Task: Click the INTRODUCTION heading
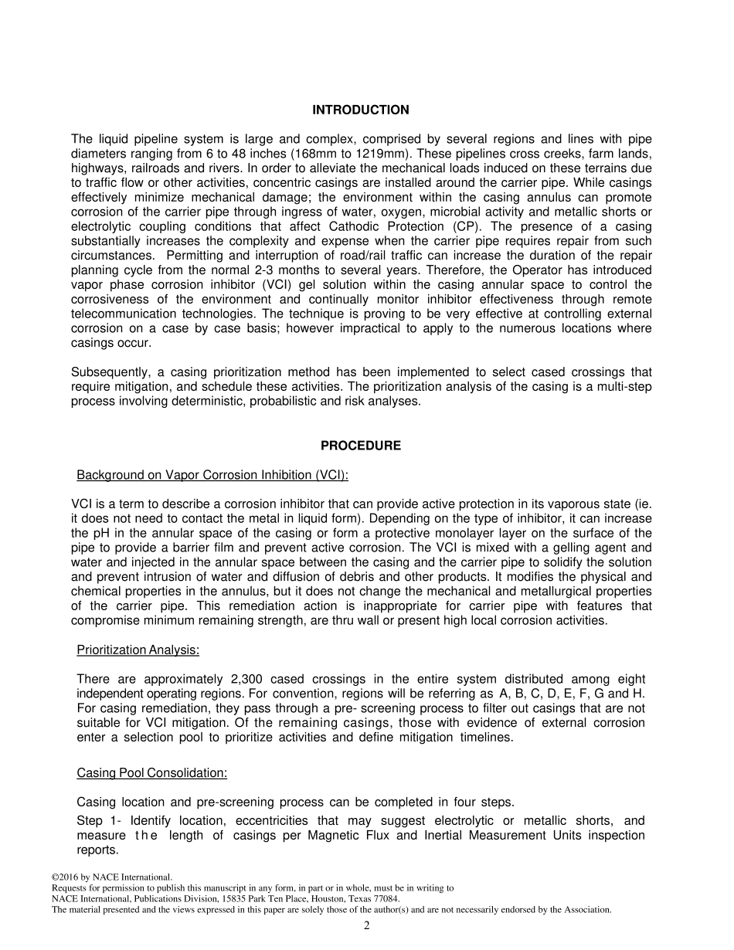360,110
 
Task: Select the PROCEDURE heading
361,446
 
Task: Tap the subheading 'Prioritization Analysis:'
138,650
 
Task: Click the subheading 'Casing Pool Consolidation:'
151,773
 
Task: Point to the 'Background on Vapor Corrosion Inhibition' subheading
212,474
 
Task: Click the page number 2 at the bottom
367,926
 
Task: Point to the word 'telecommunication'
120,314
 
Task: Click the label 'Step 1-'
100,821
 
